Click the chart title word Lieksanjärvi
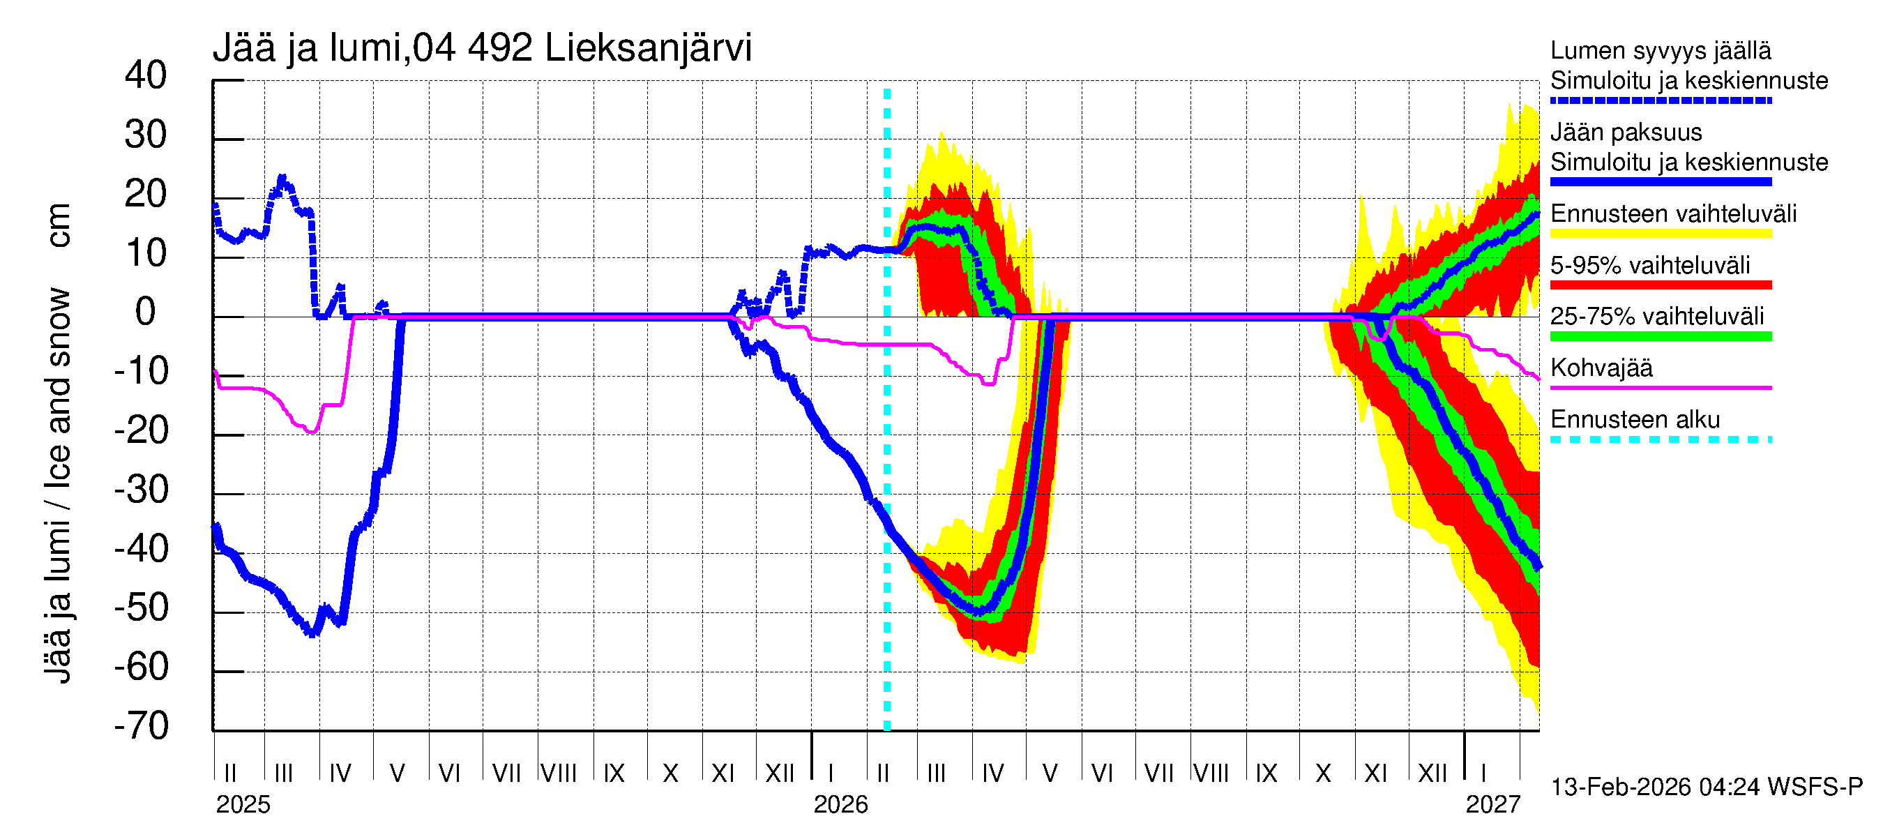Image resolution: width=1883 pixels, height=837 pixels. pos(648,48)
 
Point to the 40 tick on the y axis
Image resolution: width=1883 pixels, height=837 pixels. pos(146,76)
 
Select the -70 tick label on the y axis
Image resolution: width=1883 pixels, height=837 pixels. pos(141,727)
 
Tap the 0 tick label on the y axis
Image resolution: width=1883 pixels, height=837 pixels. pos(146,313)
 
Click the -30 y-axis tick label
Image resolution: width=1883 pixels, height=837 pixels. pos(141,490)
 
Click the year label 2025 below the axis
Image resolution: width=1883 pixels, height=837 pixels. pos(243,805)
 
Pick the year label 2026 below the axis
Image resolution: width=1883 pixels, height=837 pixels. pos(840,805)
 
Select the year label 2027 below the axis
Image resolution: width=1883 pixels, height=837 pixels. pos(1492,805)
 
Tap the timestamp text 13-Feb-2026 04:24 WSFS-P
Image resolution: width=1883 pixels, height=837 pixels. pos(1706,787)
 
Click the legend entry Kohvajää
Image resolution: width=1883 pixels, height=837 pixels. pos(1601,368)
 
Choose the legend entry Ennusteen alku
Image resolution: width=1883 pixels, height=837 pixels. pos(1635,420)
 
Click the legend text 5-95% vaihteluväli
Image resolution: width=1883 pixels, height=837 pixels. pos(1650,265)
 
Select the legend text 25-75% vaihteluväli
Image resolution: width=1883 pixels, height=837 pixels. pos(1656,317)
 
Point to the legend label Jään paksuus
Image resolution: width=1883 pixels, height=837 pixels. pos(1626,133)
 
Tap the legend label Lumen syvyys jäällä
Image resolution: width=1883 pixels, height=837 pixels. pos(1660,50)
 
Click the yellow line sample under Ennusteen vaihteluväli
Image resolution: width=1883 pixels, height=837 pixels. pos(1660,234)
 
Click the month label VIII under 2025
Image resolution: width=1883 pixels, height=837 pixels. pos(559,774)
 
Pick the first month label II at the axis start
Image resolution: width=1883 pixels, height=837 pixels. pos(230,774)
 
